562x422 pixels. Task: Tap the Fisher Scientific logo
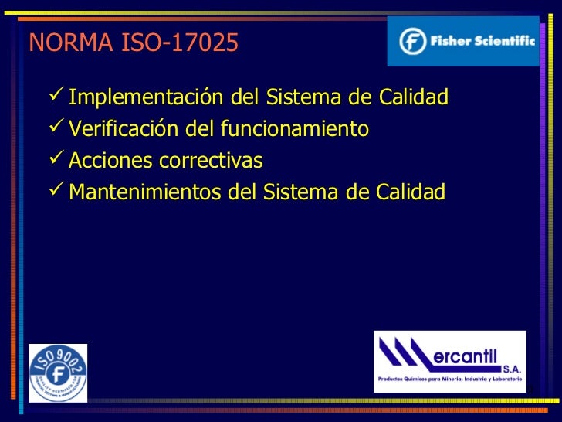pyautogui.click(x=463, y=41)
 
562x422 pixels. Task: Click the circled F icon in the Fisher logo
pyautogui.click(x=414, y=41)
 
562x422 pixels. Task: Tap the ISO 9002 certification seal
pyautogui.click(x=58, y=373)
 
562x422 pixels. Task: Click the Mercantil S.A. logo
pyautogui.click(x=450, y=361)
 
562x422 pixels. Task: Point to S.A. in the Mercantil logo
pyautogui.click(x=510, y=368)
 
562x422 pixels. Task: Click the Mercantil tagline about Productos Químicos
pyautogui.click(x=450, y=379)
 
